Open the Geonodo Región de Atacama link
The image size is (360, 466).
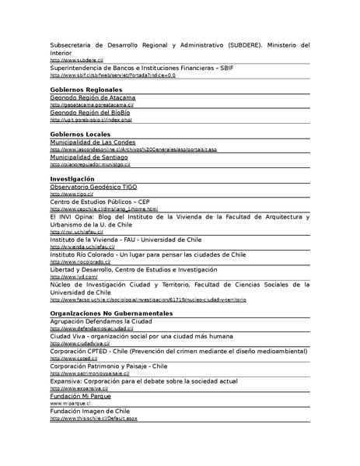[x=93, y=98]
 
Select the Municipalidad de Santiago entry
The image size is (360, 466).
[x=89, y=157]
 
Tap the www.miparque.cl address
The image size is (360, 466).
[x=72, y=404]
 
